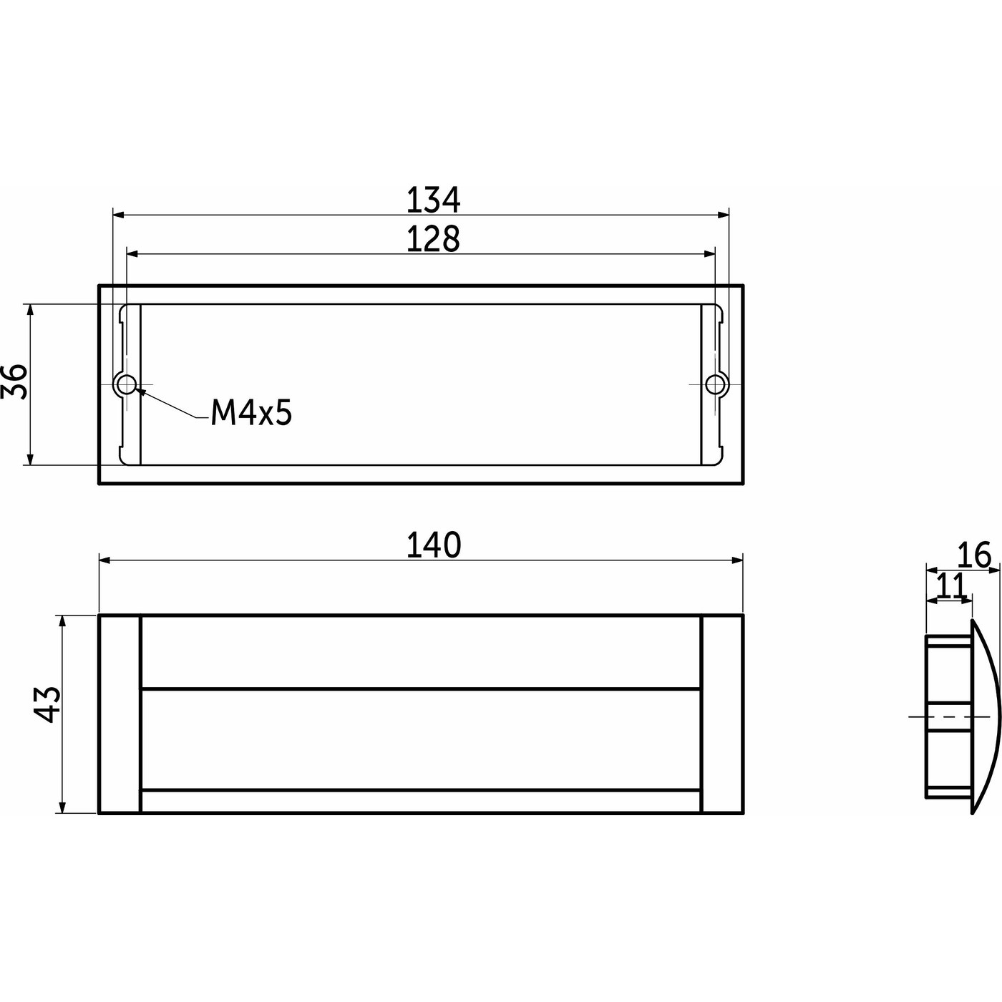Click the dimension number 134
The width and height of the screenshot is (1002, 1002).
433,200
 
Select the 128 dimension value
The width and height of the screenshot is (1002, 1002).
433,239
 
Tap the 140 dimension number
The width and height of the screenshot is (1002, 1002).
433,545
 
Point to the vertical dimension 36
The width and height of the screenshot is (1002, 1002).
14,381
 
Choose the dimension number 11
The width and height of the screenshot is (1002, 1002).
950,586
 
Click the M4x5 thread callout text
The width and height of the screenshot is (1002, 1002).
251,414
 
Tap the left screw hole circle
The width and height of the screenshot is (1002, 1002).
126,385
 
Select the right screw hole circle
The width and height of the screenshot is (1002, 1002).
715,385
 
